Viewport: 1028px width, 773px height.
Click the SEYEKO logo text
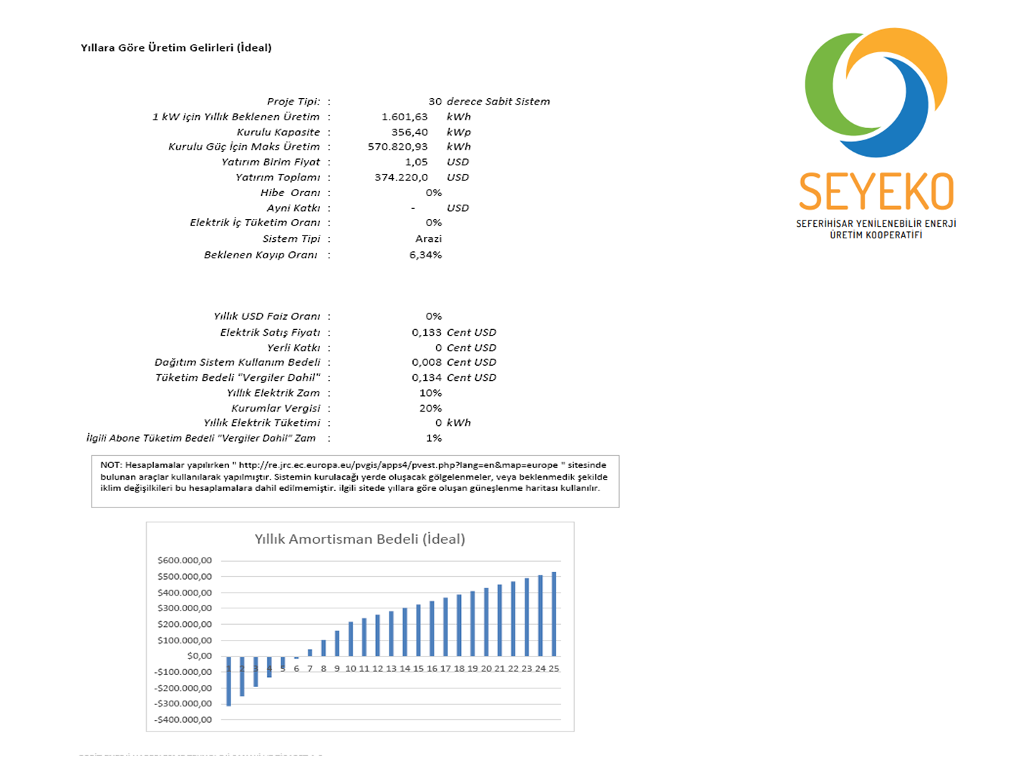tap(876, 192)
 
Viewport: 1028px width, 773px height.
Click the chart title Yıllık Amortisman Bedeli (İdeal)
tap(359, 539)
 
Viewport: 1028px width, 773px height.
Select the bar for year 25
tap(554, 614)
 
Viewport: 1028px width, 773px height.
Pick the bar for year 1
tap(228, 681)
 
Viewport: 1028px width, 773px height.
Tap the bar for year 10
tap(351, 639)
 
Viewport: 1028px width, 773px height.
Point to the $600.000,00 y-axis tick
tap(185, 560)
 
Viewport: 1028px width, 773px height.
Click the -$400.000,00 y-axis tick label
tap(183, 719)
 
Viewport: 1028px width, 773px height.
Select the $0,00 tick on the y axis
tap(199, 656)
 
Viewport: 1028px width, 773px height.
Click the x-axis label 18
tap(459, 669)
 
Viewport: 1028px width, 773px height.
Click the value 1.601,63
tap(404, 117)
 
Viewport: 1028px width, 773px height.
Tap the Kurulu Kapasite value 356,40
tap(409, 132)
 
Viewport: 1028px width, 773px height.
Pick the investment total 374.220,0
tap(401, 178)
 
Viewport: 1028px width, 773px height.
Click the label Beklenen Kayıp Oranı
tap(261, 255)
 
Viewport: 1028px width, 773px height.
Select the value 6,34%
tap(425, 255)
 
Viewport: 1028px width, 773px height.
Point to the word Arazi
tap(428, 239)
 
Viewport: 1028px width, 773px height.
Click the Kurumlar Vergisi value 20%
tap(430, 408)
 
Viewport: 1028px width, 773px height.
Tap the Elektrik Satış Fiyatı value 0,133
tap(426, 332)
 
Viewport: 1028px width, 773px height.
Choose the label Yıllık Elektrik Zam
tap(273, 393)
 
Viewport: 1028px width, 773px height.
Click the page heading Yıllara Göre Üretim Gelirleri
tap(176, 48)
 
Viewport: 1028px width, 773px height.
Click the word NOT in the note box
tap(110, 465)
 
